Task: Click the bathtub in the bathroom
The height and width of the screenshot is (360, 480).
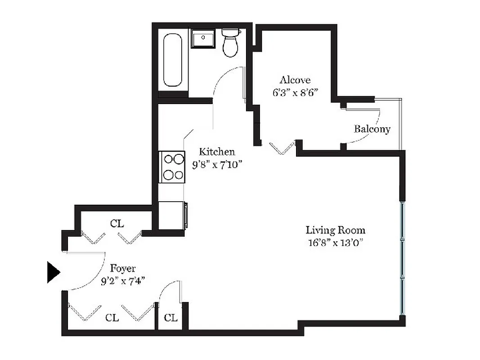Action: (x=173, y=61)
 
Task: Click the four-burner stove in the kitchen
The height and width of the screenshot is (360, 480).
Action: (x=173, y=166)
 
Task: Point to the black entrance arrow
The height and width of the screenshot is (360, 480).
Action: (x=53, y=273)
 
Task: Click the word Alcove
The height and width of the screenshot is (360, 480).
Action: (x=295, y=80)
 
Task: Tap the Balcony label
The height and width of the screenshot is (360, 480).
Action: (x=372, y=129)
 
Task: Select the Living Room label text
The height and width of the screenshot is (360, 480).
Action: (x=335, y=230)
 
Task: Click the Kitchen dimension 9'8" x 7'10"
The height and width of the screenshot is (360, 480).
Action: (x=217, y=164)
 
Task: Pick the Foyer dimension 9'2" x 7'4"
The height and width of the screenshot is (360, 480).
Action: (x=123, y=282)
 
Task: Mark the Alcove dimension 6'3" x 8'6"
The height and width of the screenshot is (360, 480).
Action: (x=295, y=93)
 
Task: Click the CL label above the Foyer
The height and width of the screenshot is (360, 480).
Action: (x=117, y=223)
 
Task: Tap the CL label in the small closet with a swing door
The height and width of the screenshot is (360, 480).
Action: (x=170, y=318)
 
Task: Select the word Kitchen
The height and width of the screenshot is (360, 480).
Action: (x=217, y=152)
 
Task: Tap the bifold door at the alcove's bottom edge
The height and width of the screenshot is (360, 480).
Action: (x=282, y=148)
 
